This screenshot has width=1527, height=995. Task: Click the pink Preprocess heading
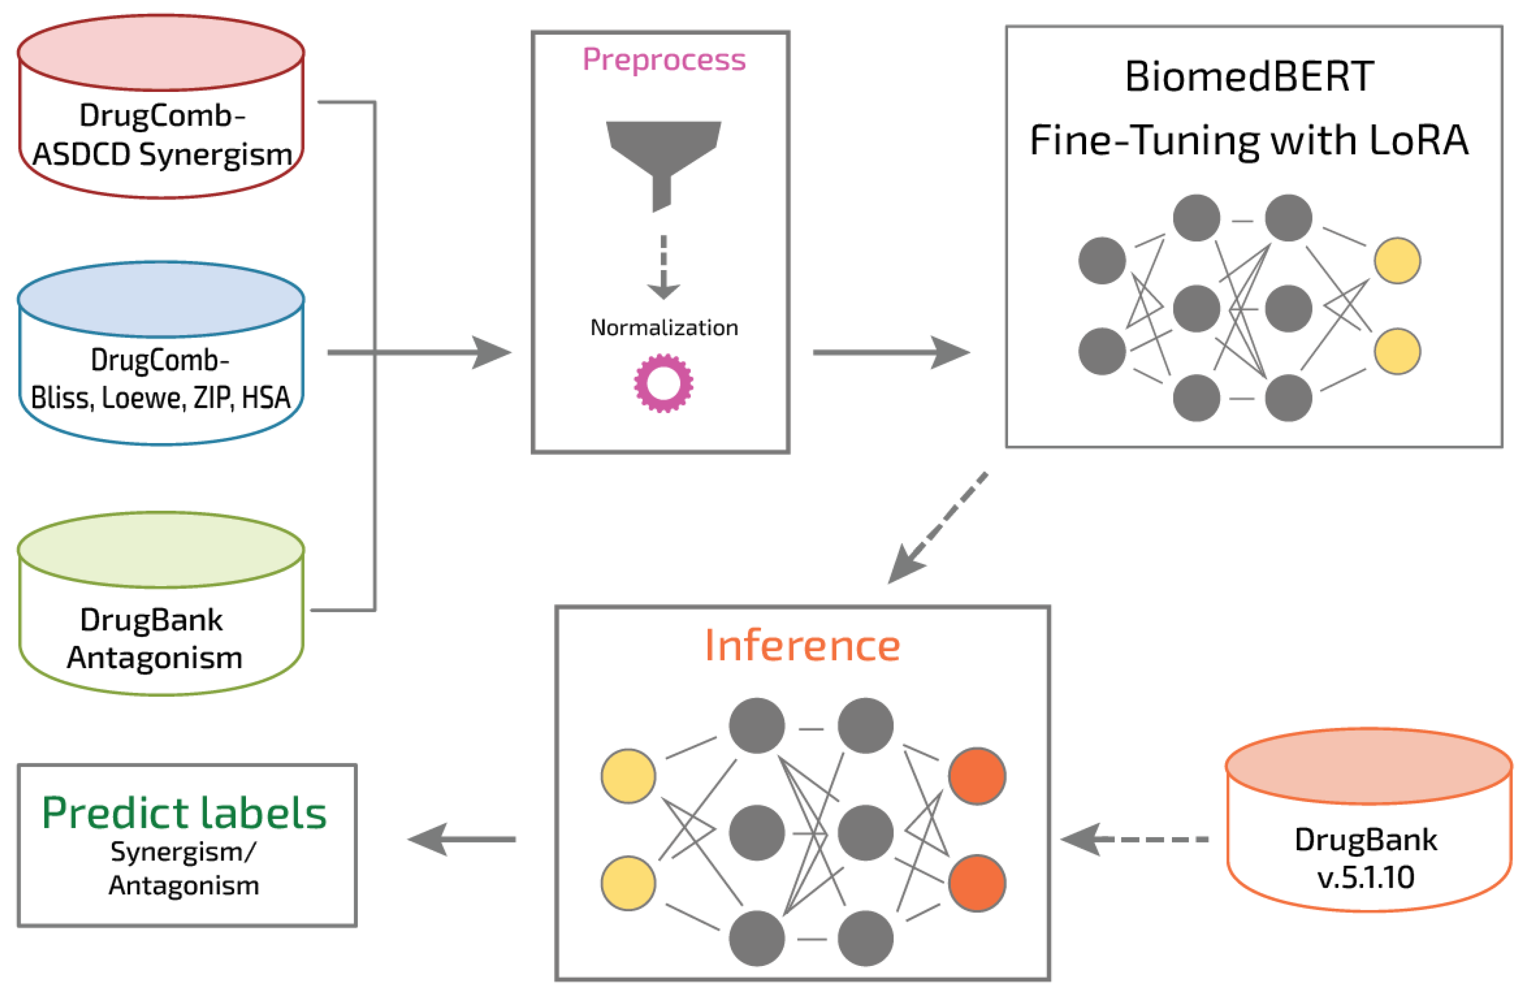coord(663,60)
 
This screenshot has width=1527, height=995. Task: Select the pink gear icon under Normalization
coord(663,383)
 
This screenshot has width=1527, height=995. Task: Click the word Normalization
coord(663,328)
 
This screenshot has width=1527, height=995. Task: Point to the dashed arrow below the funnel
coord(663,267)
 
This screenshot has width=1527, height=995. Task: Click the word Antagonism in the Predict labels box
coord(184,886)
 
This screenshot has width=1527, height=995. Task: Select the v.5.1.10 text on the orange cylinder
coord(1365,877)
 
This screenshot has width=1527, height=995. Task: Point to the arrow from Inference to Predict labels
coord(462,839)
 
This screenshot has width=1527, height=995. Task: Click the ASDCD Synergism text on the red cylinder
coord(162,154)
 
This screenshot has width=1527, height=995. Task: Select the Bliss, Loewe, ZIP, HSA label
coord(161,398)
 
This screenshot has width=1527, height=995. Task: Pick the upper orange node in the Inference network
coord(977,776)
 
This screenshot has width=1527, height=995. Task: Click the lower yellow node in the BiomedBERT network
coord(1397,352)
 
